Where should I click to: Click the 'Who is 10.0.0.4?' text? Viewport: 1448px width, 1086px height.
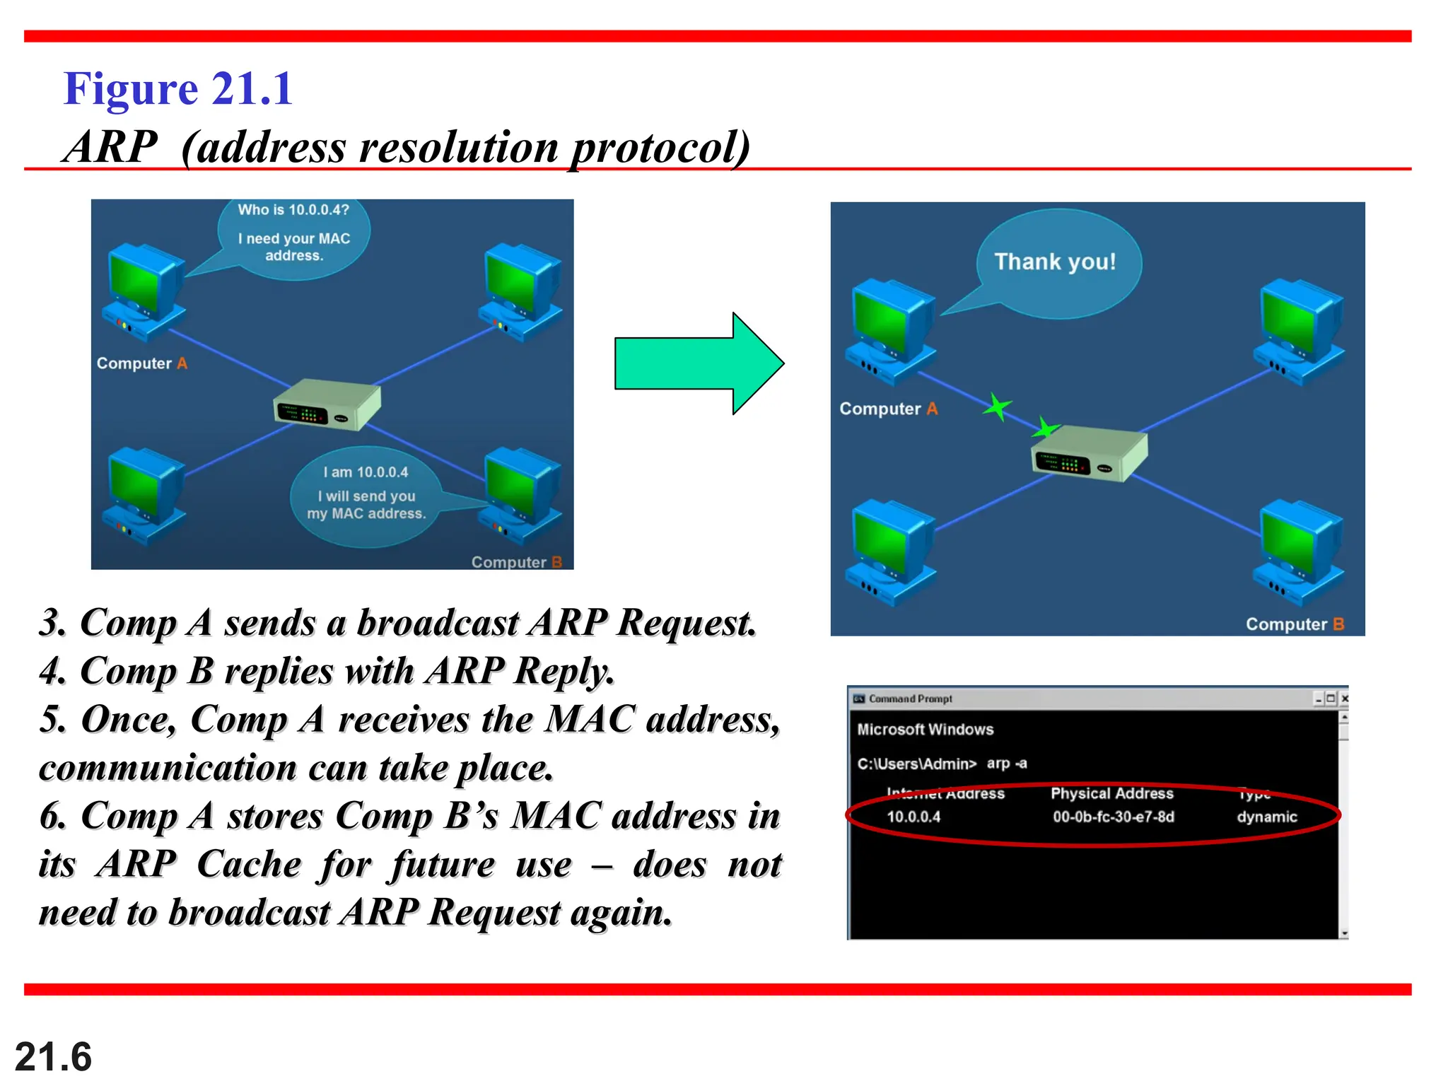[293, 210]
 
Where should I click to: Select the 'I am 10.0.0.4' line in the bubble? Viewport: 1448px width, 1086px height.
[366, 472]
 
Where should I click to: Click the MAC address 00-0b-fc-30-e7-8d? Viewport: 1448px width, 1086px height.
[1113, 817]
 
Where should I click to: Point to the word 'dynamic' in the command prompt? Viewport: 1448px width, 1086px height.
[1266, 817]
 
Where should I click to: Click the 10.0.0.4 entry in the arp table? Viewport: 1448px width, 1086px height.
[913, 817]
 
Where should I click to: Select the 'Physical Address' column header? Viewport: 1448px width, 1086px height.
[1111, 794]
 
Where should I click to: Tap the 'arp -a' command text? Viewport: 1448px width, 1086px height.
[1007, 764]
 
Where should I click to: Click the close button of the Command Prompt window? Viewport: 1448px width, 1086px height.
[1344, 699]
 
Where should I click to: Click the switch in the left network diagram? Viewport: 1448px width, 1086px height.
[327, 405]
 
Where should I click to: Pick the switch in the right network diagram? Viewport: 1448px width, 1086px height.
[1089, 454]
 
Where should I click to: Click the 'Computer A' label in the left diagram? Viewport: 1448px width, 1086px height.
[141, 363]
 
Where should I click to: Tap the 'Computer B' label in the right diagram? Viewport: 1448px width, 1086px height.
[1294, 624]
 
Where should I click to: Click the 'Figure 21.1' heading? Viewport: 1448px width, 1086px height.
[178, 90]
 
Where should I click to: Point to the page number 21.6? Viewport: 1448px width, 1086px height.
[53, 1057]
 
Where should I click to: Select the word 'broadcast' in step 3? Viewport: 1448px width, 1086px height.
[438, 624]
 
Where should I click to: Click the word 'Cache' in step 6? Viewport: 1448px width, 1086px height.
[249, 864]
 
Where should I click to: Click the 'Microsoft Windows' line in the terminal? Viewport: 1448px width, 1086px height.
[925, 730]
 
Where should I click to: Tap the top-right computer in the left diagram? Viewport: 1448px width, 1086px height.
[522, 291]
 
